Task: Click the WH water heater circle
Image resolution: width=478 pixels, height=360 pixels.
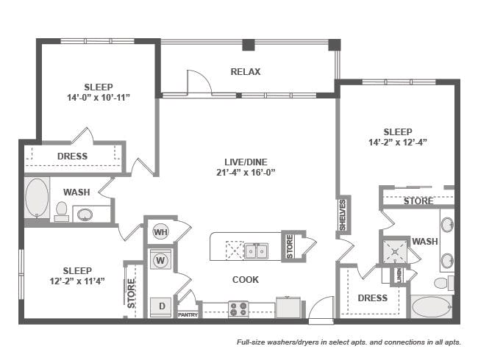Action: point(160,232)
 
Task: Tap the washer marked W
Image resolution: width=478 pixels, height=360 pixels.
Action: point(160,260)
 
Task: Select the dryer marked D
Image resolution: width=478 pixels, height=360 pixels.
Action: point(160,305)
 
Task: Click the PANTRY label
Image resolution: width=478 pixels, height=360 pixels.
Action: point(188,314)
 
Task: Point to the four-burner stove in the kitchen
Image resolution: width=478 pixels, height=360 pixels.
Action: point(238,309)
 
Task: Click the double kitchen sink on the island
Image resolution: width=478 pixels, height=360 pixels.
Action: point(256,251)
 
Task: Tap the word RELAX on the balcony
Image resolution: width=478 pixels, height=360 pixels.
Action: point(246,72)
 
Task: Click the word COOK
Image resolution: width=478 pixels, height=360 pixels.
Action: point(246,280)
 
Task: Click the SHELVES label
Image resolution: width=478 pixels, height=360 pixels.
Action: point(343,215)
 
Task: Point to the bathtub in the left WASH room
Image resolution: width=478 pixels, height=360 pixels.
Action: point(37,197)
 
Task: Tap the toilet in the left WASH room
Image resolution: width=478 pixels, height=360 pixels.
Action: point(62,212)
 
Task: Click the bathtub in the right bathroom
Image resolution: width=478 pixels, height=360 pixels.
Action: point(432,306)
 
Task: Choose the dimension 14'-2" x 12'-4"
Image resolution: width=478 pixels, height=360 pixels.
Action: point(398,143)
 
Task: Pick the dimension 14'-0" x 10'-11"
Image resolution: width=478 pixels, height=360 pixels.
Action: point(99,97)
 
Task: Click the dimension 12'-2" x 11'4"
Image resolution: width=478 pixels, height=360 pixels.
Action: point(77,280)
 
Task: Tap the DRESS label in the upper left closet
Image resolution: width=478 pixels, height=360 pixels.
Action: point(72,156)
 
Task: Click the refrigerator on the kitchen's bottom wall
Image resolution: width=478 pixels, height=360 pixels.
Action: point(288,306)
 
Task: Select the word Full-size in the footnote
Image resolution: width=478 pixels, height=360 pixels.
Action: point(253,342)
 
